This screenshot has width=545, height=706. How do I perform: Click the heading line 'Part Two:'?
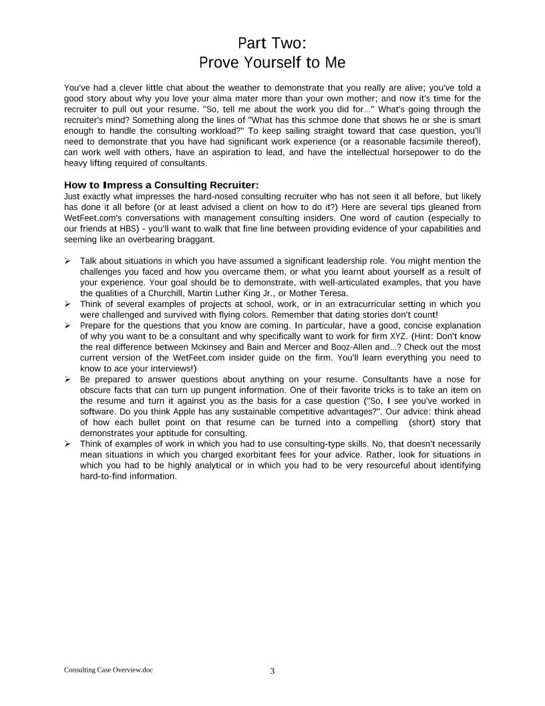click(x=272, y=43)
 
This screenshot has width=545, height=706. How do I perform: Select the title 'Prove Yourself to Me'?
click(x=272, y=63)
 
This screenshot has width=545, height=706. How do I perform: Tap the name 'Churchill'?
click(x=182, y=293)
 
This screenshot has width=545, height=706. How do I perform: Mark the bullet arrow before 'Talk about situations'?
click(x=67, y=261)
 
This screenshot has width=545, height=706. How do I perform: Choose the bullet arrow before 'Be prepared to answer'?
click(x=67, y=379)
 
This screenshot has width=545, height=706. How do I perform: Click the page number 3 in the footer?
click(x=272, y=671)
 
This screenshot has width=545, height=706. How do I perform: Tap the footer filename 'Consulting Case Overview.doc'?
click(x=108, y=670)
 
